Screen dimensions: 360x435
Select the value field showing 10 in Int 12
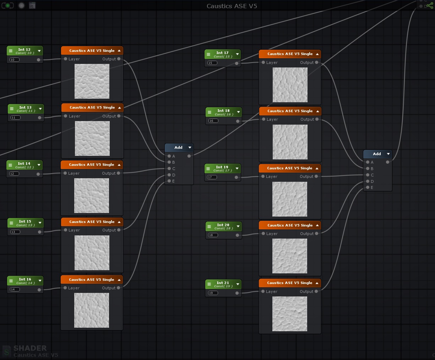[x=15, y=60]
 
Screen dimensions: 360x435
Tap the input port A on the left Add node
[x=169, y=156]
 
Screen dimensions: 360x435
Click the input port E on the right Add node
[x=368, y=187]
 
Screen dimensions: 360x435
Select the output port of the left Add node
[x=189, y=156]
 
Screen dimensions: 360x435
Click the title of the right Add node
[x=376, y=154]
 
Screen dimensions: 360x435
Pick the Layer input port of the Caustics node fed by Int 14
[x=65, y=173]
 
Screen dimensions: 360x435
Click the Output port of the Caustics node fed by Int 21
[x=316, y=291]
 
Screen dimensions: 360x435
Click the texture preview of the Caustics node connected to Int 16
[x=92, y=310]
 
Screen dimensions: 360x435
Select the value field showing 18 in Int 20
[x=213, y=235]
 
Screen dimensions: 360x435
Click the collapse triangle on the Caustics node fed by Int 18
[x=317, y=111]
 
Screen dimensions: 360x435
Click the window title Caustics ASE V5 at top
[x=232, y=6]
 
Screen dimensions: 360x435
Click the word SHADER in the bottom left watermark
[x=30, y=348]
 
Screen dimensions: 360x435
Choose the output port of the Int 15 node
[x=39, y=232]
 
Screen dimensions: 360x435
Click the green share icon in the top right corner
[x=430, y=6]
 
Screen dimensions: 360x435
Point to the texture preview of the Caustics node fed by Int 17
[x=290, y=85]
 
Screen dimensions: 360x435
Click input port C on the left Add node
[x=169, y=169]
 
